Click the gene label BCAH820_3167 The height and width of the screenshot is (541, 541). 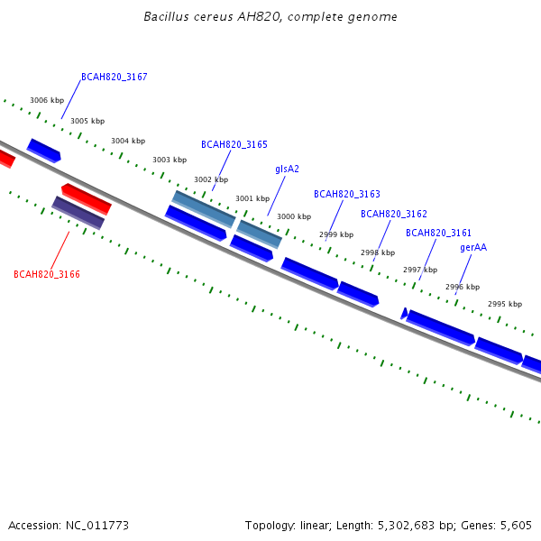(115, 77)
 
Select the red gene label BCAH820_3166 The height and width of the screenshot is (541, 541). (47, 274)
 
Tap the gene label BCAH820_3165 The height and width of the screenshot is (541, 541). (234, 144)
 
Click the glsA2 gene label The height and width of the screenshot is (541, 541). (287, 170)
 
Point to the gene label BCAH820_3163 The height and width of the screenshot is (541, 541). (347, 194)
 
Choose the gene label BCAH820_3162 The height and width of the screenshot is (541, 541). (394, 214)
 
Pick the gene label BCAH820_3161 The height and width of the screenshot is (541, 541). (438, 233)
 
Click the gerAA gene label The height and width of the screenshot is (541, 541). (473, 248)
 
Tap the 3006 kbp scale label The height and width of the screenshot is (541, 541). (47, 100)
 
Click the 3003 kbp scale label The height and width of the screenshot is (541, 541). (170, 160)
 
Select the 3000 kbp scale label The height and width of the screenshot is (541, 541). (294, 216)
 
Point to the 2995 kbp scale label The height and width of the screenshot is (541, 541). (505, 304)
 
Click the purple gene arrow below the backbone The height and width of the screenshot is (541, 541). (78, 213)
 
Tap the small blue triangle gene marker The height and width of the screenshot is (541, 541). (404, 313)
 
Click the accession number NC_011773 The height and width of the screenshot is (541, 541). (97, 526)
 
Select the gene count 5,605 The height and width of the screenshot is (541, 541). (516, 526)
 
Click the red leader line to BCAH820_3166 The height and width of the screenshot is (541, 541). (60, 251)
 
